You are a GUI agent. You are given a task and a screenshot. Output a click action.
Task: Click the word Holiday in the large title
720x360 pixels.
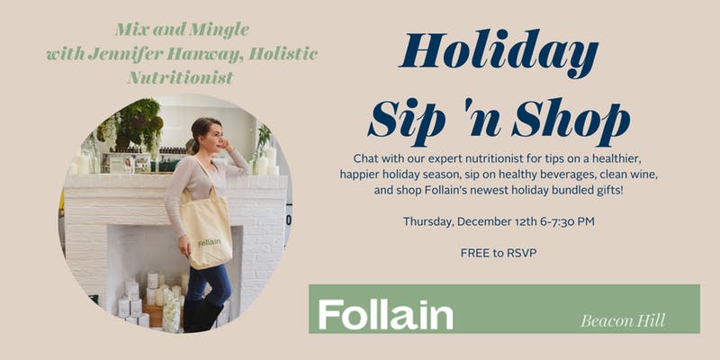[499, 54]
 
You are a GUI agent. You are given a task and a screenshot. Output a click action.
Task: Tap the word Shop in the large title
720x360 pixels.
[571, 118]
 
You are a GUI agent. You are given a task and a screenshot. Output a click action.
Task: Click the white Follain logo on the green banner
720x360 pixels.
[386, 314]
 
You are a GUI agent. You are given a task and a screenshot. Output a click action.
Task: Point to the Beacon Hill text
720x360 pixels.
[623, 320]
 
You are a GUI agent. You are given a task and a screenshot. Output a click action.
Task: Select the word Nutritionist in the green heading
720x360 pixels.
[181, 76]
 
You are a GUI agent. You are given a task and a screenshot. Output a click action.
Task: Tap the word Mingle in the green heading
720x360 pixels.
[219, 31]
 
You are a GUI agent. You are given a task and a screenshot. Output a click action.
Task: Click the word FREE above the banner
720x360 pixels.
[474, 253]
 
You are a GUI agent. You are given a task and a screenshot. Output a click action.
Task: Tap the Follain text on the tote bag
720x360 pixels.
[210, 242]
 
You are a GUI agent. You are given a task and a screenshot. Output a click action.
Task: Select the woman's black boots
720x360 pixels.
[202, 316]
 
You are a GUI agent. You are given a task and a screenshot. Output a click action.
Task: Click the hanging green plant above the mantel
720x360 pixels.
[138, 123]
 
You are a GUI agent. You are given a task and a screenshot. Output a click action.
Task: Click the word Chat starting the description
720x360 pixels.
[366, 159]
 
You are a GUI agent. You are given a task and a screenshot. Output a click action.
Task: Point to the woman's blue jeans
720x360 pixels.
[208, 284]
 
